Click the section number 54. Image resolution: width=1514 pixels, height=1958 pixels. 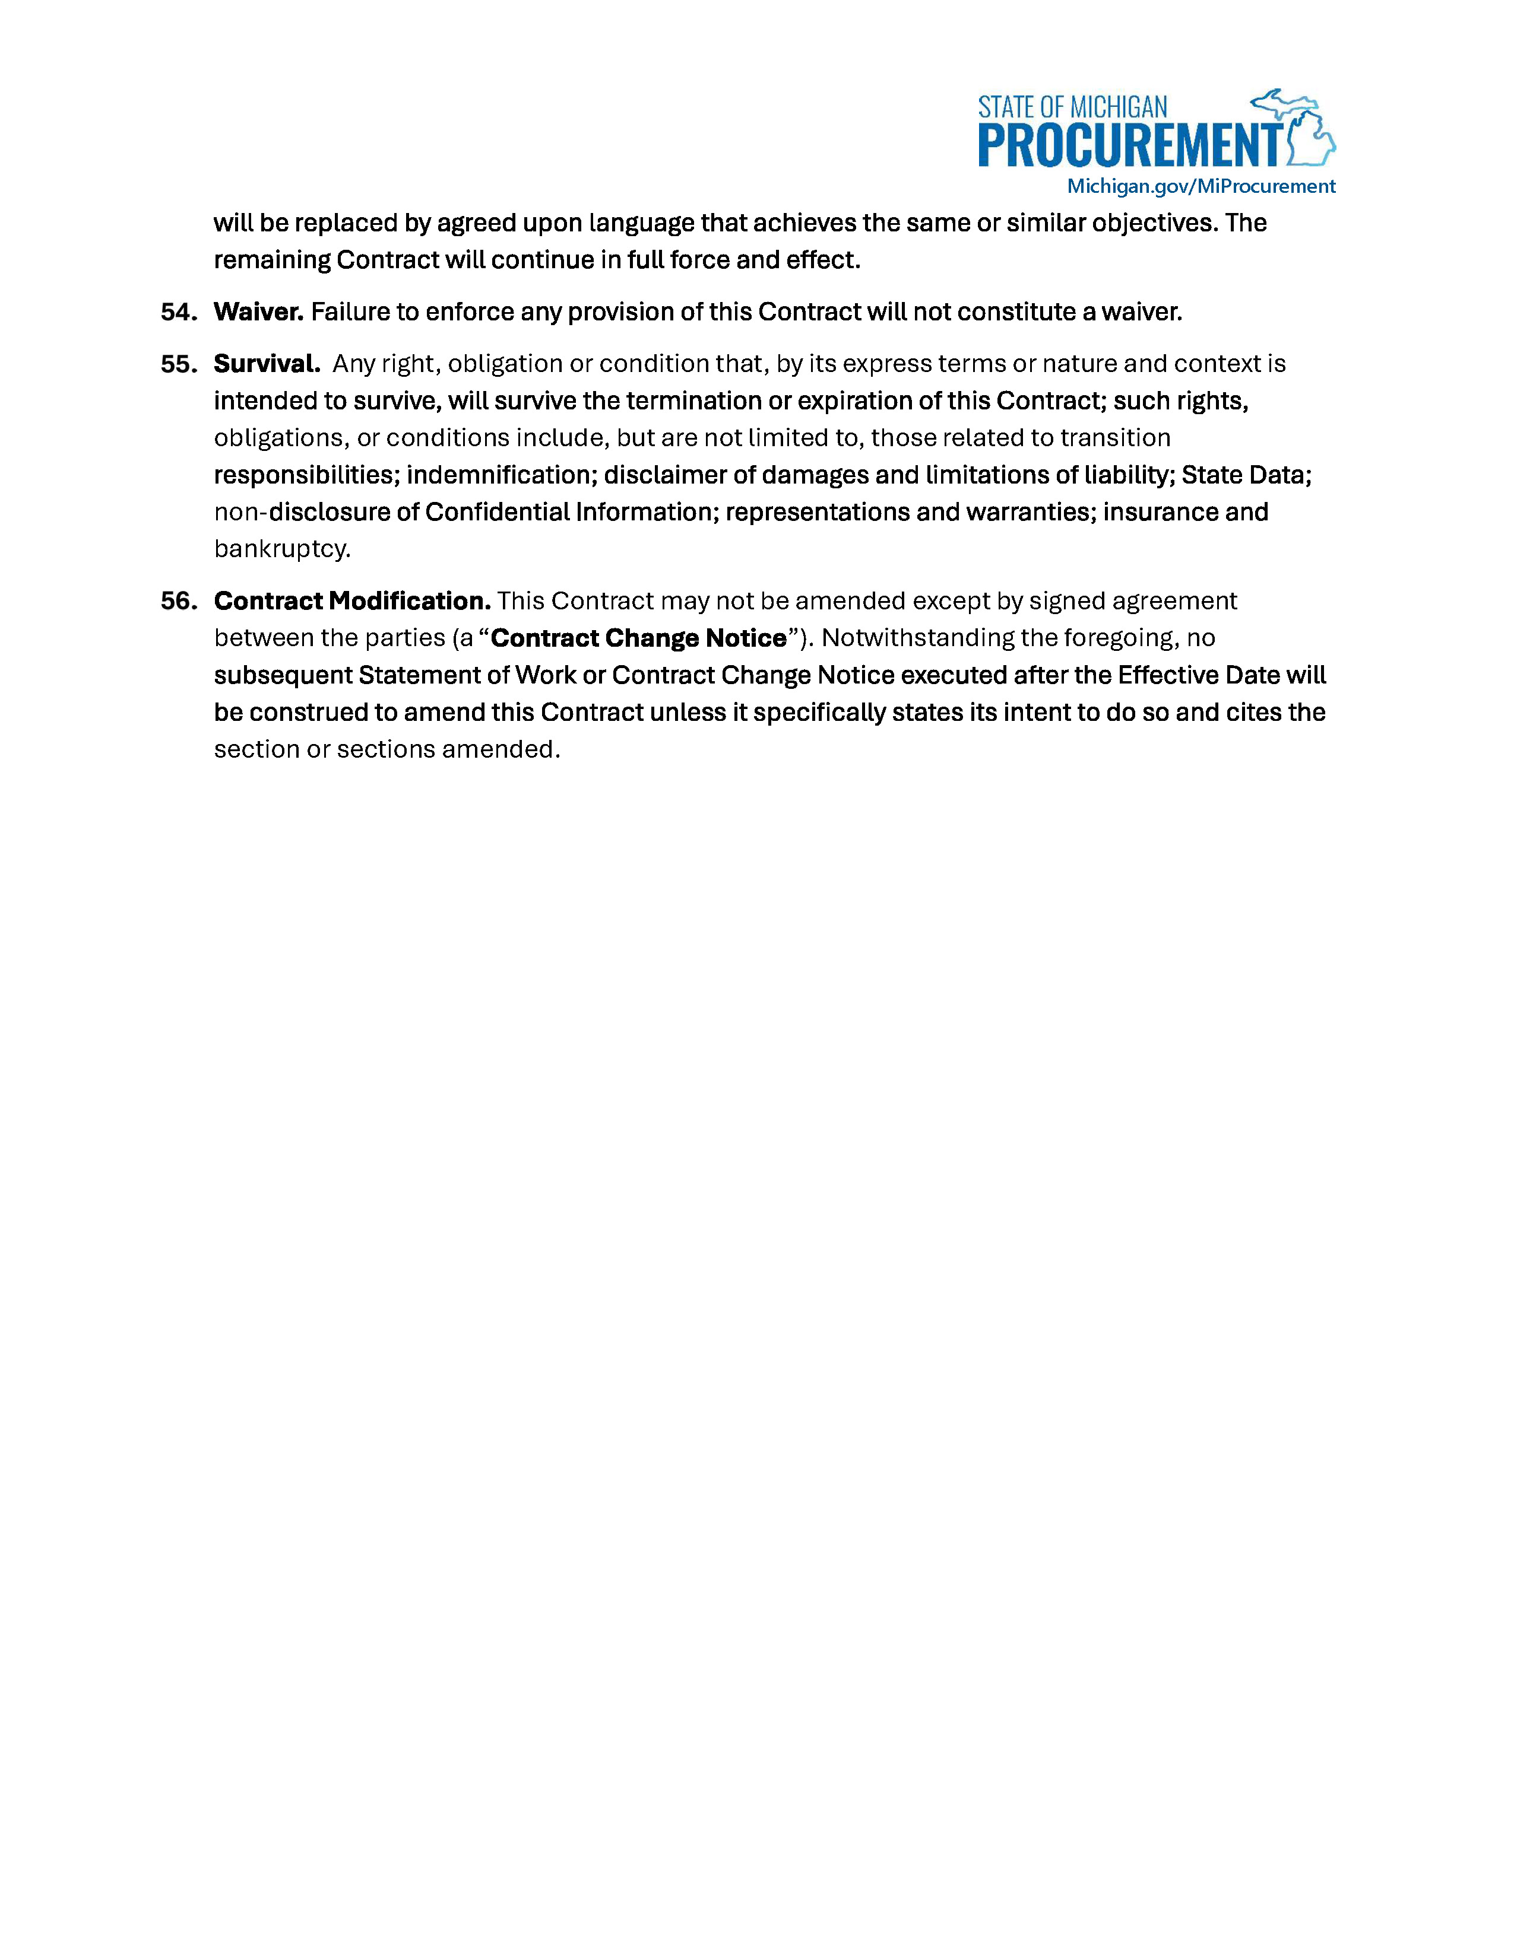[179, 312]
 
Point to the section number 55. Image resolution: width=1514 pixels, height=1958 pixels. [179, 364]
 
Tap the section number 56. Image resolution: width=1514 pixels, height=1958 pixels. [179, 600]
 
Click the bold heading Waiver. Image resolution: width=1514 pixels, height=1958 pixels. [258, 312]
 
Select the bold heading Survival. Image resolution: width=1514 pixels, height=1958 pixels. [267, 364]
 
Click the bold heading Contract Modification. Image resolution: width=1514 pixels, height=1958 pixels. [351, 600]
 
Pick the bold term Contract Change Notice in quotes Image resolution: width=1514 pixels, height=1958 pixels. [639, 638]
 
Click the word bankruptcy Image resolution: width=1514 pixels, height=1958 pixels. [281, 549]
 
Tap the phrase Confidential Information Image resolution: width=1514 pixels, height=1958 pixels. [569, 512]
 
